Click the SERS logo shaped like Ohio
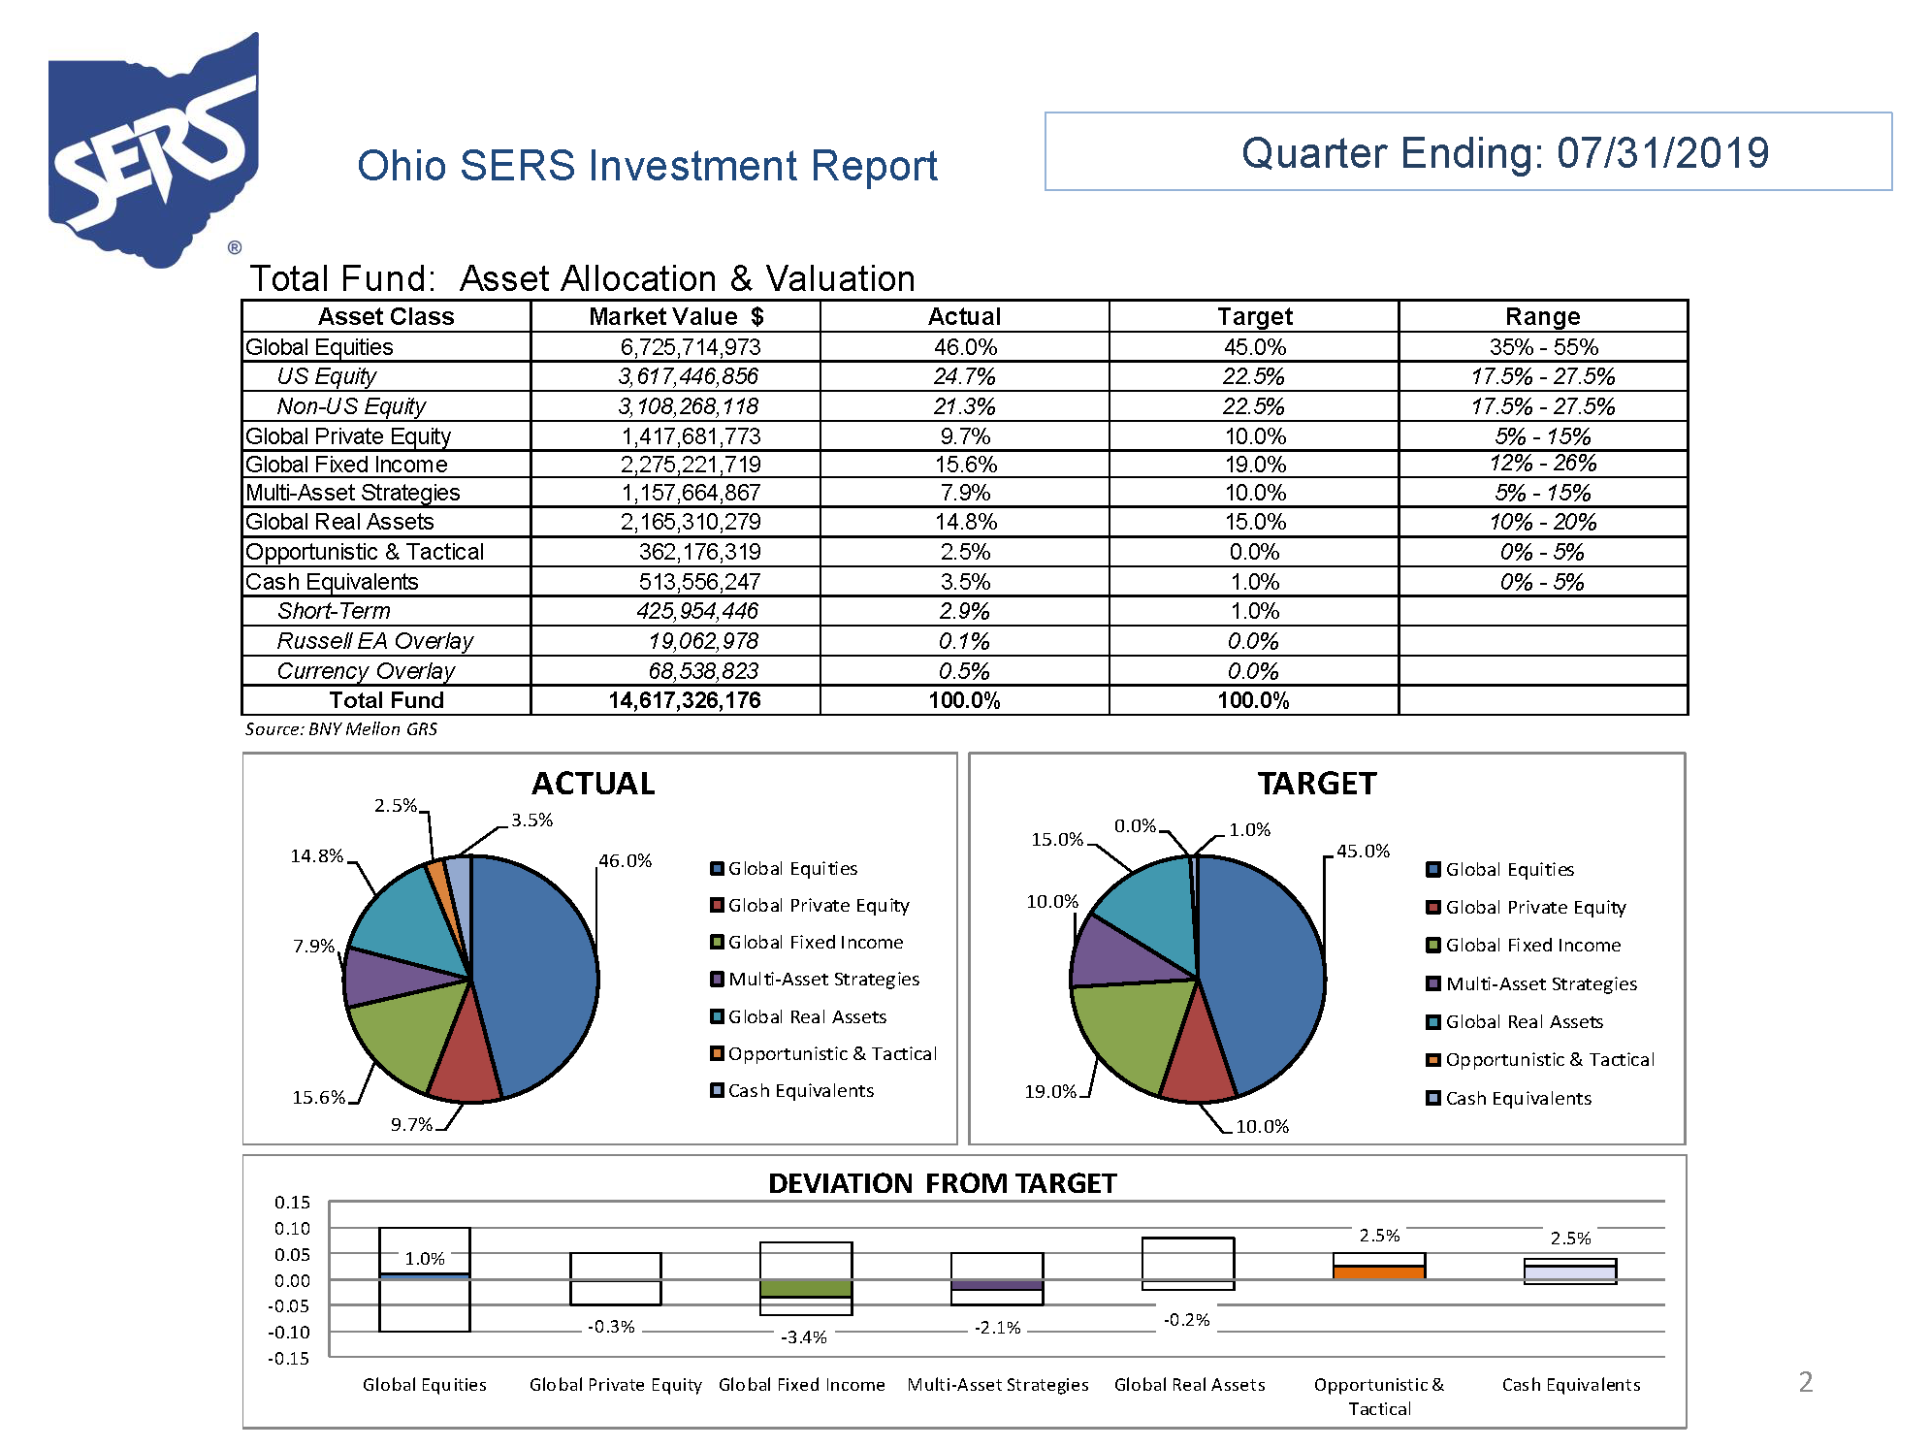[x=153, y=150]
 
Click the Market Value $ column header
[x=675, y=317]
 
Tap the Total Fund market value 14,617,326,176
[x=684, y=700]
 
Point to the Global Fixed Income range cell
[x=1542, y=464]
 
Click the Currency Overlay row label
[x=366, y=671]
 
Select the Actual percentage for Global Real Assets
[x=965, y=522]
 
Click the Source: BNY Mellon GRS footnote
[x=340, y=729]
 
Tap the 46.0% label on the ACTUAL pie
[x=625, y=861]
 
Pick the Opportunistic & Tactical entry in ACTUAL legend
[x=831, y=1054]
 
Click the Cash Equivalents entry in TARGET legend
[x=1518, y=1099]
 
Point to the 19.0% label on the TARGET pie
[x=1050, y=1092]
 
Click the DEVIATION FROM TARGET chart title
[x=942, y=1184]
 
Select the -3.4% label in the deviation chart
[x=803, y=1337]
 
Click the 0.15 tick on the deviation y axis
[x=292, y=1203]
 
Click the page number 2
[x=1805, y=1382]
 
